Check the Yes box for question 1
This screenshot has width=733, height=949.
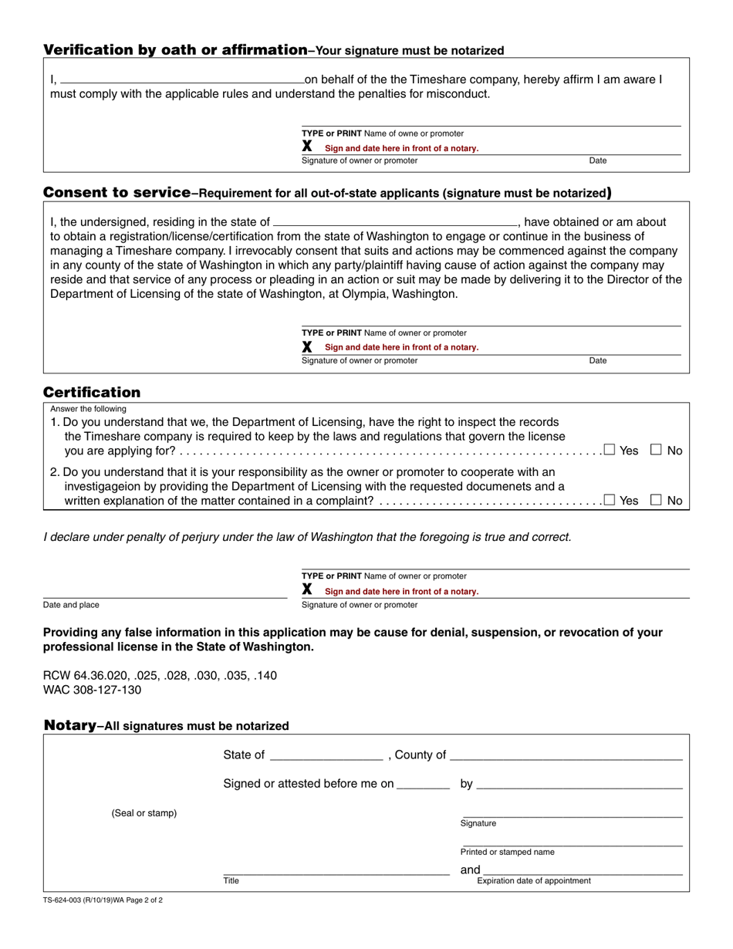point(610,449)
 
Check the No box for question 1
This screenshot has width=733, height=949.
point(657,449)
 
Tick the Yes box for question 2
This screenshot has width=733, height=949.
point(610,499)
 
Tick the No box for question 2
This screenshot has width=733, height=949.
point(657,499)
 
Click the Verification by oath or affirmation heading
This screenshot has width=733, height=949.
point(175,50)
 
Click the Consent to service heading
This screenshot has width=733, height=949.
point(117,192)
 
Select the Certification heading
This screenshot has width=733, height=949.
point(92,392)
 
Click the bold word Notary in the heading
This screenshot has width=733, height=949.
point(69,725)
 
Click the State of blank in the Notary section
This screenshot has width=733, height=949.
point(326,755)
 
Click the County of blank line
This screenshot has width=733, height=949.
point(566,755)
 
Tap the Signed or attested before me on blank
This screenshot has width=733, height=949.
point(423,784)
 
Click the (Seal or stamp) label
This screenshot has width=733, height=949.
point(144,813)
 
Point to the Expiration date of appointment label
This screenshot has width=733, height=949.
point(534,881)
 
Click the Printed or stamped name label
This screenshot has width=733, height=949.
point(507,853)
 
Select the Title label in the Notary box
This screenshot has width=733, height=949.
point(231,880)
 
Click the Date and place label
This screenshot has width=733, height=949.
point(71,605)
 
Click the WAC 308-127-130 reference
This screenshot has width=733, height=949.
point(92,690)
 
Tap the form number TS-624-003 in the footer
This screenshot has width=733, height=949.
point(75,900)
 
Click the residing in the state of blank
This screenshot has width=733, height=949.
point(395,221)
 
